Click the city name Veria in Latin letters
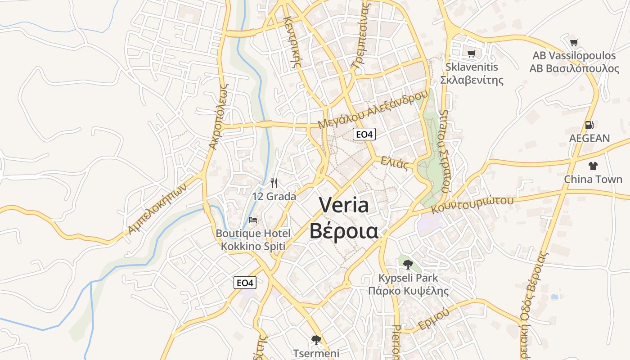pos(344,205)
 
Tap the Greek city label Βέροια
pos(344,230)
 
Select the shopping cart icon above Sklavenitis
pos(471,54)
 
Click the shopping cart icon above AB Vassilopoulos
pos(574,43)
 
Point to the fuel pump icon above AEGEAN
pos(589,125)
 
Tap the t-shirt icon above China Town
pos(593,166)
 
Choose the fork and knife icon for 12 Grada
pos(274,183)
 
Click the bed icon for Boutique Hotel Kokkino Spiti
pos(253,220)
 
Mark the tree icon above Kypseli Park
pos(408,264)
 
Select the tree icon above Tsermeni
pos(316,340)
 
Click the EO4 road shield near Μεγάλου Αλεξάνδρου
pos(364,134)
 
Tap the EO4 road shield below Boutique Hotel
pos(245,283)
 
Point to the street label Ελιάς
pos(394,163)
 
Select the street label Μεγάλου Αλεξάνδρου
pos(372,110)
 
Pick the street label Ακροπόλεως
pos(220,116)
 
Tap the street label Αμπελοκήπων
pos(157,210)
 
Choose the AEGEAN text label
pos(589,138)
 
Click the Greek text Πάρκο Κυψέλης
pos(408,291)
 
